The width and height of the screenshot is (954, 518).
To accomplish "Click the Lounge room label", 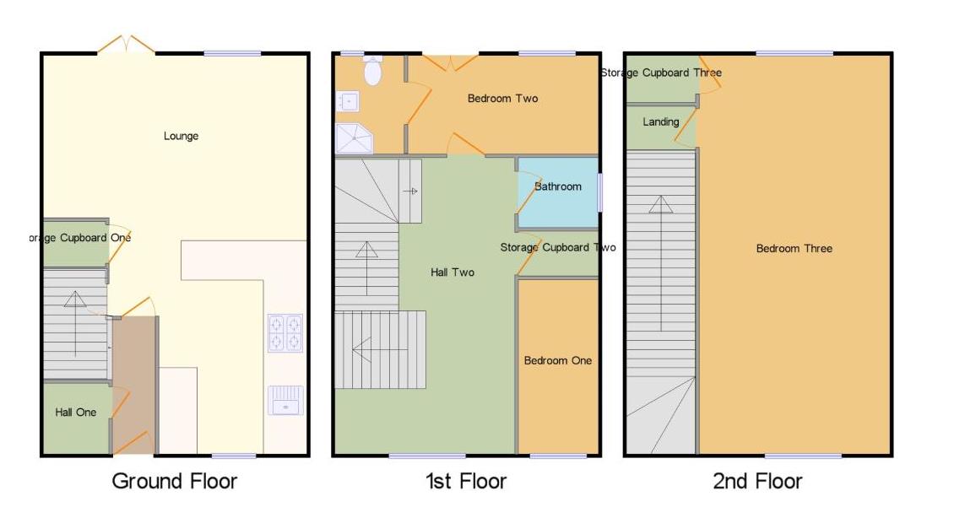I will (181, 136).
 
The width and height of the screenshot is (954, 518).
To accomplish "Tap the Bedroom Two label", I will (502, 99).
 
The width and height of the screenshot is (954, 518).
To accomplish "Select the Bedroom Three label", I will (794, 248).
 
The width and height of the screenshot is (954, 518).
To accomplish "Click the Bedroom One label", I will (557, 360).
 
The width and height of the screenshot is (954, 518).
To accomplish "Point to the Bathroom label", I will (557, 186).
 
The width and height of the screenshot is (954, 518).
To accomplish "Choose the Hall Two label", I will (453, 272).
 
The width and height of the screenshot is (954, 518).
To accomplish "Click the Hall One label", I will (76, 413).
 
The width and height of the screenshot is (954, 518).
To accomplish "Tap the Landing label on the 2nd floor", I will (660, 122).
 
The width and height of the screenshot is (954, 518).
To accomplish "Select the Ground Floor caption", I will (175, 482).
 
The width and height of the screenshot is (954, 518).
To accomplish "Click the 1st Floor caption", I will (466, 482).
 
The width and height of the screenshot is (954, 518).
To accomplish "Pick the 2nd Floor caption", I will (757, 482).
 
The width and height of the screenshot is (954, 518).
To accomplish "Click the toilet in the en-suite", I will (371, 72).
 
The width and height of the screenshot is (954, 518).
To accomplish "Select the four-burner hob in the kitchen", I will (285, 332).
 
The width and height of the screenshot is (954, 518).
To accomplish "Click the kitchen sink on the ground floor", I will (285, 400).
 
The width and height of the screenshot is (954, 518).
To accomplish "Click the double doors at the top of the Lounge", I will (126, 46).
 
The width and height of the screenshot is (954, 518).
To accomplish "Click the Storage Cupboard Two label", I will (557, 247).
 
